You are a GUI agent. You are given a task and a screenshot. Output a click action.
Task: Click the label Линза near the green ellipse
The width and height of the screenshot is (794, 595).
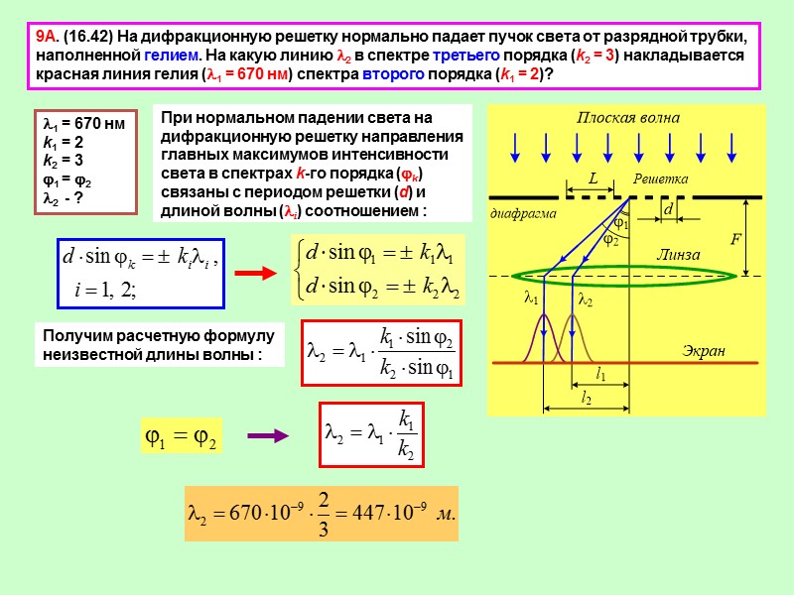pos(677,255)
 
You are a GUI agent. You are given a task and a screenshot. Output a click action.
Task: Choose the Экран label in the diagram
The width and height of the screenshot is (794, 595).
pos(704,351)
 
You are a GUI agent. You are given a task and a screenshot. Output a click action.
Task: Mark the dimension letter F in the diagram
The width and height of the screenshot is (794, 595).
pos(735,239)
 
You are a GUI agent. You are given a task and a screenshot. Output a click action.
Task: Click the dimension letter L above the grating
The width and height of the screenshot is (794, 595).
pos(595,179)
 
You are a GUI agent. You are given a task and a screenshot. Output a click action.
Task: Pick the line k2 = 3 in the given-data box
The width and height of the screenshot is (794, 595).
pos(63,159)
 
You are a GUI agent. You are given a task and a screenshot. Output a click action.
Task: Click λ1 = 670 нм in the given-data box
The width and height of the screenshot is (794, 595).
pos(83,125)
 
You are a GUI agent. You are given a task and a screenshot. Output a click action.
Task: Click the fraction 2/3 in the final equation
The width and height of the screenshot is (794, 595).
pos(322,514)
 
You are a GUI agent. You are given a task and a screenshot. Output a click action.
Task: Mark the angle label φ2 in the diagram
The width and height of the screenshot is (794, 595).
pos(612,240)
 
